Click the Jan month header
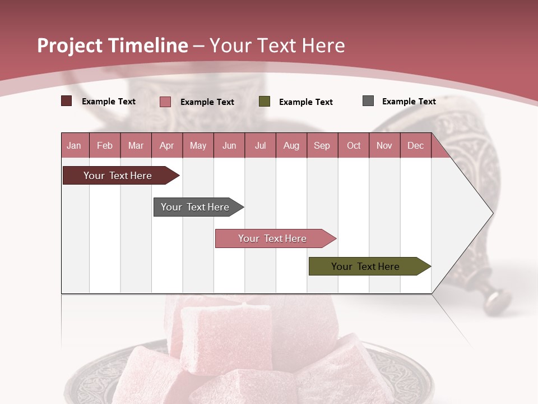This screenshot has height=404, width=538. coord(74,145)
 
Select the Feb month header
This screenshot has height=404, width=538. coord(105,145)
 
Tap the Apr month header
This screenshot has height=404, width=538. coord(166,145)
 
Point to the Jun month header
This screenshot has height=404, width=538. coord(229,145)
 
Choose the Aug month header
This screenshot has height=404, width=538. coord(291,145)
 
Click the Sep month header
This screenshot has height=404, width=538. coord(322,145)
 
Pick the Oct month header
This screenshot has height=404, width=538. coord(354,145)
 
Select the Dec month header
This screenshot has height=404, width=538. coord(415,145)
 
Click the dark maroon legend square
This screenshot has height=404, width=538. coord(67,101)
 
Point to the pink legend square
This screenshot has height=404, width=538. coord(165,102)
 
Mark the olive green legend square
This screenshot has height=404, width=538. coord(265,102)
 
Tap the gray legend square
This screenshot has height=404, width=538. coord(368,101)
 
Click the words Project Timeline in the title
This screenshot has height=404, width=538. coord(113,45)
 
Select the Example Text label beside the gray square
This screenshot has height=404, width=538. coord(409,102)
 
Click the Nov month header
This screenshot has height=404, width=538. coord(384,145)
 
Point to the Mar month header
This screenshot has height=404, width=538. coord(136,145)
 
